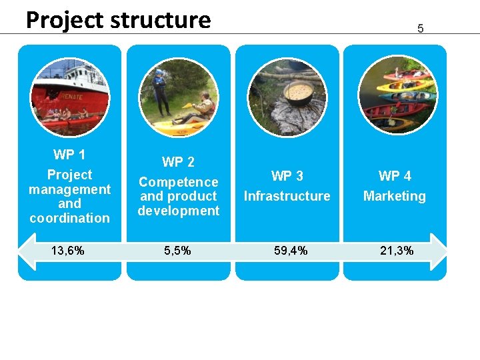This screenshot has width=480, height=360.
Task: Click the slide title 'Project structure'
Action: [118, 20]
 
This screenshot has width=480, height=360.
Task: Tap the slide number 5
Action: [421, 29]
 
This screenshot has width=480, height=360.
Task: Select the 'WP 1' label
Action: [69, 155]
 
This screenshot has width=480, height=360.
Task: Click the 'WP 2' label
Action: [178, 162]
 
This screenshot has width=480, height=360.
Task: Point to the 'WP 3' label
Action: [287, 176]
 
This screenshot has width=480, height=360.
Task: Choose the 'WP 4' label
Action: [395, 176]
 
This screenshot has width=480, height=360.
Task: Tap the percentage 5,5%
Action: [178, 251]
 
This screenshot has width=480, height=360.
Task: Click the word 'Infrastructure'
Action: [287, 196]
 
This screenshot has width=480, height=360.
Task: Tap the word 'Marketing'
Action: [395, 196]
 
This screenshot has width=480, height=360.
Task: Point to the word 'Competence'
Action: [178, 182]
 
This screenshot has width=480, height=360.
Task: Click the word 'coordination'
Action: [69, 218]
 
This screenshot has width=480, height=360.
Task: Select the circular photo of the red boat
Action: [69, 97]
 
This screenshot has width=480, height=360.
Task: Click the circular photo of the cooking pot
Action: [287, 97]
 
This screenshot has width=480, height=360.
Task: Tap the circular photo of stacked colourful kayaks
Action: [397, 97]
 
